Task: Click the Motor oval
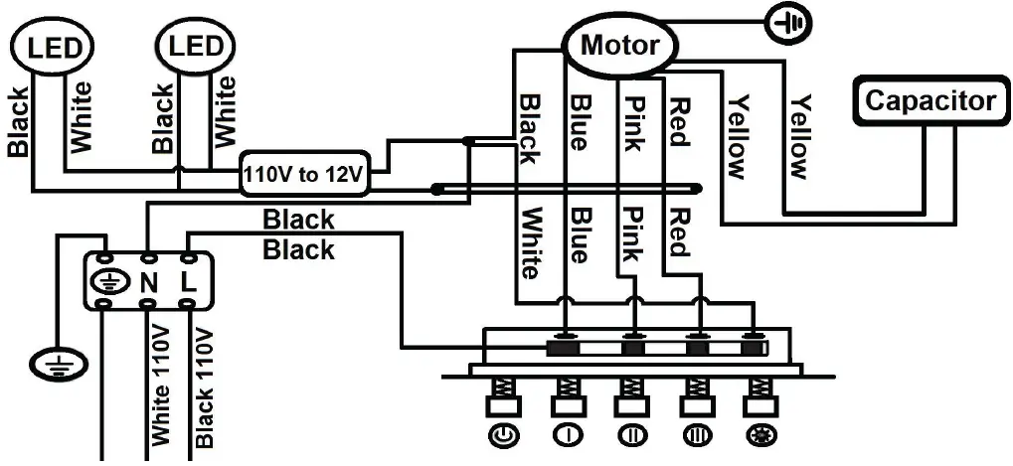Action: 619,45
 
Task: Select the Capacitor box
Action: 930,100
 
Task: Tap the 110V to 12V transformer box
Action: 305,174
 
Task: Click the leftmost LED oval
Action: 55,48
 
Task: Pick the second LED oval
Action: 197,48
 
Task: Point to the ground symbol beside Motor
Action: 789,23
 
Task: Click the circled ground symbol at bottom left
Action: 56,365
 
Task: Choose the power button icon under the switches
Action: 503,435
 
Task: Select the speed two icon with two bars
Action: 630,435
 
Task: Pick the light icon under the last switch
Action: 756,435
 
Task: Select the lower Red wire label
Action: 679,233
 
